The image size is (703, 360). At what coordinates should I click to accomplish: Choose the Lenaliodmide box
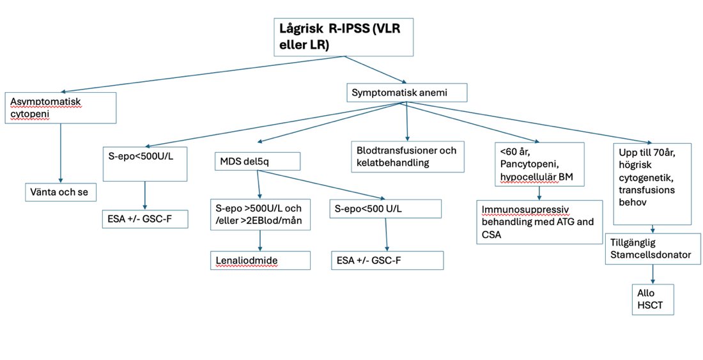[x=261, y=260]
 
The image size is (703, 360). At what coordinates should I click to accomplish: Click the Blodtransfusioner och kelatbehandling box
[x=408, y=157]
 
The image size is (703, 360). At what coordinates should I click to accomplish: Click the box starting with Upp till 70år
[x=652, y=182]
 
